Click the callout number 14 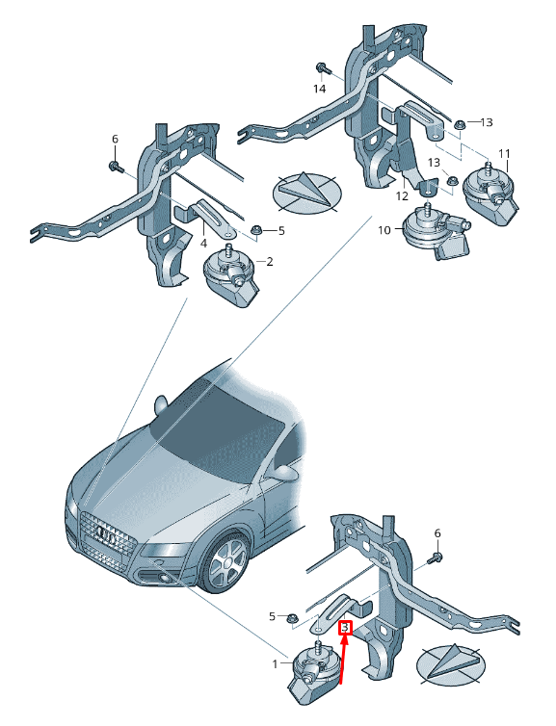point(319,88)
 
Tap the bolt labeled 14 point(323,68)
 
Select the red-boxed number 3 point(346,628)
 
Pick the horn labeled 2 point(231,275)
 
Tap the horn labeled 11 point(490,194)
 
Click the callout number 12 point(402,195)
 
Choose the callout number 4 point(203,243)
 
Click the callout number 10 point(384,230)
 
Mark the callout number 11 point(504,153)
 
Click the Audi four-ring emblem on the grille point(108,536)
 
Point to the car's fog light point(164,578)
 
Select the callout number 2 point(269,262)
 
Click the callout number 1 point(275,664)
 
